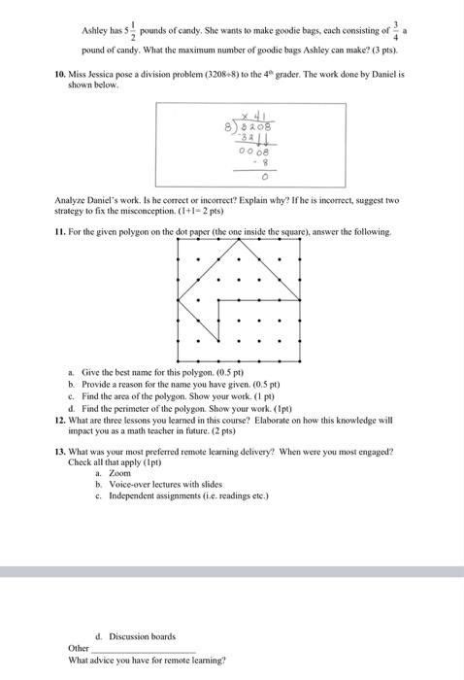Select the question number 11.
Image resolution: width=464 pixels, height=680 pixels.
[59, 232]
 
